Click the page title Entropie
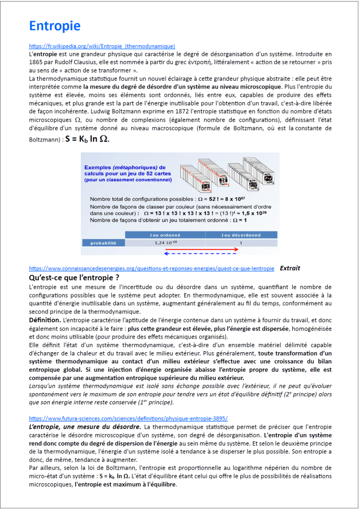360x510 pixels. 55,26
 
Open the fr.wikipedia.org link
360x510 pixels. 102,46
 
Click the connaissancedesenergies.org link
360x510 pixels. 151,269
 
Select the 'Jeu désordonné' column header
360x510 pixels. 240,234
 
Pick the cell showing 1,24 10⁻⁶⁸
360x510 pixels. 165,242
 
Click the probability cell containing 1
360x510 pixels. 240,242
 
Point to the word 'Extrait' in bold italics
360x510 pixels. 290,268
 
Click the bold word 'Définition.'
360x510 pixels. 45,319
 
